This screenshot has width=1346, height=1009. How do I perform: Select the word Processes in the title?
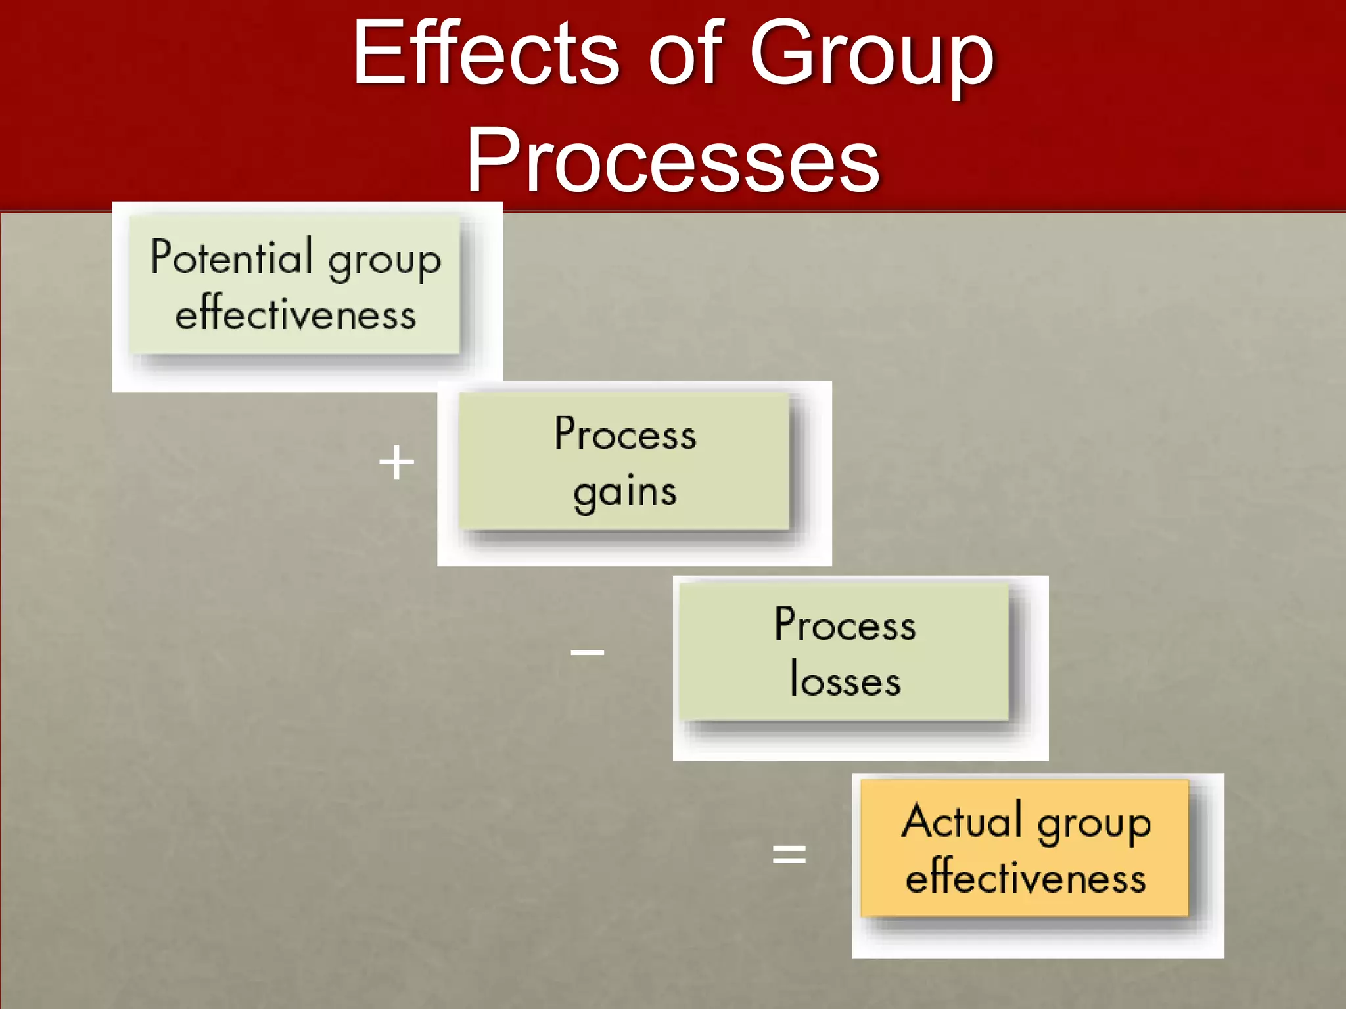point(673,161)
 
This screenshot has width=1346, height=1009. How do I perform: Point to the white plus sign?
point(397,462)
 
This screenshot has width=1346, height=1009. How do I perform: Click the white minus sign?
point(587,652)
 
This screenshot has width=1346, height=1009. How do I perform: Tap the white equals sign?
point(789,854)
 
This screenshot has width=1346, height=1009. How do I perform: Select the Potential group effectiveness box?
point(294,286)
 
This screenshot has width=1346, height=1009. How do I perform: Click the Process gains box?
point(624,461)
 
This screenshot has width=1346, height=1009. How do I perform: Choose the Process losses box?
point(844,652)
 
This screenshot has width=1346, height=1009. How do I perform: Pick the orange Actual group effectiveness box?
point(1025,848)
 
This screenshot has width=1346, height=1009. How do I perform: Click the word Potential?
point(231,257)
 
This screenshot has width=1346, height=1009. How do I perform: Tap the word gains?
point(624,493)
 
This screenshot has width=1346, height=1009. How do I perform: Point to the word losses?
point(845,680)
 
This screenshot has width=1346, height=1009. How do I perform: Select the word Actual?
point(962,820)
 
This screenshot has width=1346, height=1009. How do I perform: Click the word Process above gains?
point(625,434)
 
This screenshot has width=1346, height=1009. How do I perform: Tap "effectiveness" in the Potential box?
point(296,313)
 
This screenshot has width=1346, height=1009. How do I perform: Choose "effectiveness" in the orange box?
point(1025,876)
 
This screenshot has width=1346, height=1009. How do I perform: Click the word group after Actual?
point(1094,824)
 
